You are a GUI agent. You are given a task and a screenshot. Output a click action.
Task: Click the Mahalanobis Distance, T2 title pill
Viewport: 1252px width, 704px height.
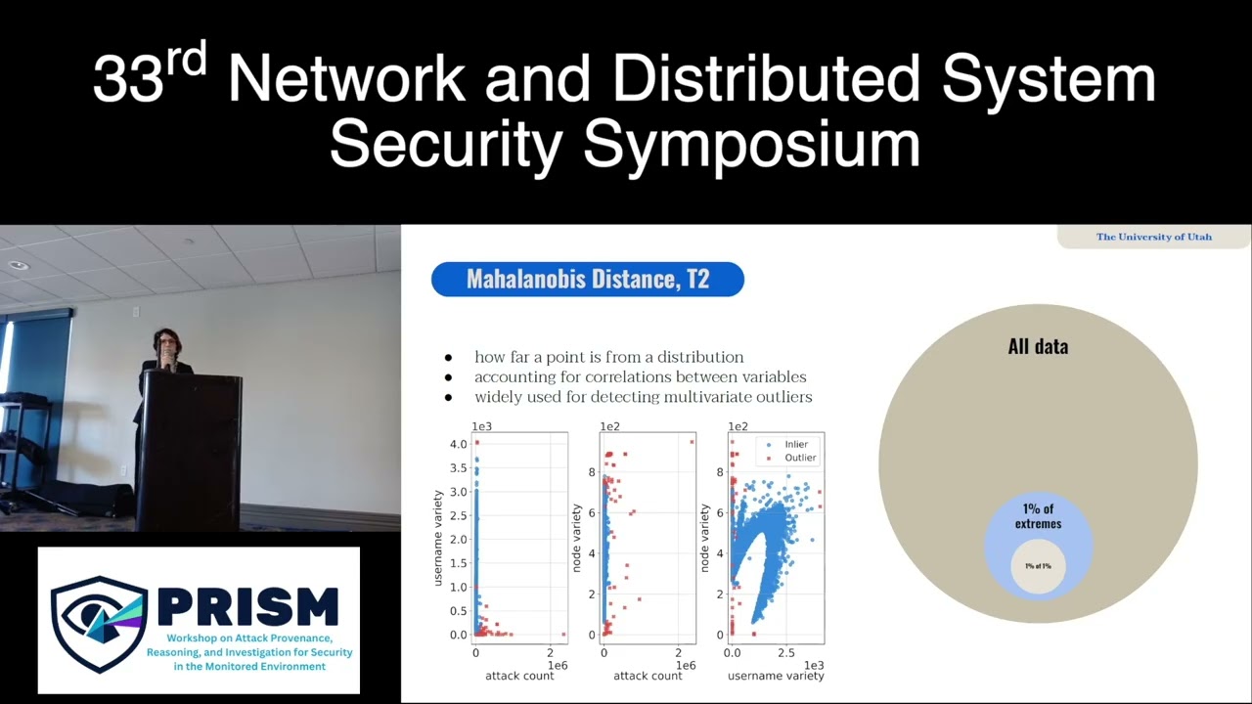(x=587, y=280)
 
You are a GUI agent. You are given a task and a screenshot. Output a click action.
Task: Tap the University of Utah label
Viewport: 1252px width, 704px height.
(x=1153, y=237)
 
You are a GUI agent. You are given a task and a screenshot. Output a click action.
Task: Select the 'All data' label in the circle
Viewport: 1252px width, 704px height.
(x=1038, y=346)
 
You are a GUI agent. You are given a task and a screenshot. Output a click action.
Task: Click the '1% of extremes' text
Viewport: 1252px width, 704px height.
(x=1038, y=516)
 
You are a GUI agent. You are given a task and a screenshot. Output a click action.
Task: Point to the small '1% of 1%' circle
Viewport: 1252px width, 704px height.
(x=1038, y=566)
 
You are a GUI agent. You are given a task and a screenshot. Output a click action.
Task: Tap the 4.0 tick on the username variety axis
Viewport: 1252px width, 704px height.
(x=458, y=444)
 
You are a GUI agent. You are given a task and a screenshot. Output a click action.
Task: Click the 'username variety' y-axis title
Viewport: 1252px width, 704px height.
(x=439, y=538)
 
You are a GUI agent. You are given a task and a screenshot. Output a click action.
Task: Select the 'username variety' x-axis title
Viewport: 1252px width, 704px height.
(x=776, y=676)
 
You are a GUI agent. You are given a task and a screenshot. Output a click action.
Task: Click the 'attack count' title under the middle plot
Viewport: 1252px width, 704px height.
(x=648, y=676)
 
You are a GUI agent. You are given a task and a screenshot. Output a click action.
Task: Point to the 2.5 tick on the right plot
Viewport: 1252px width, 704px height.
(x=783, y=652)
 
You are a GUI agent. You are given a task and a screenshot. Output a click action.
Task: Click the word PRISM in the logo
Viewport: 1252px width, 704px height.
(x=247, y=607)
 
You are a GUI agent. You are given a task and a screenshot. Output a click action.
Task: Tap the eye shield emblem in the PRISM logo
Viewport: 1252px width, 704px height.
(x=99, y=624)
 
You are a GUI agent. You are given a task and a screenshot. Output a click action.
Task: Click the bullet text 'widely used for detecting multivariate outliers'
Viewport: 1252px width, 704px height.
(x=643, y=397)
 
